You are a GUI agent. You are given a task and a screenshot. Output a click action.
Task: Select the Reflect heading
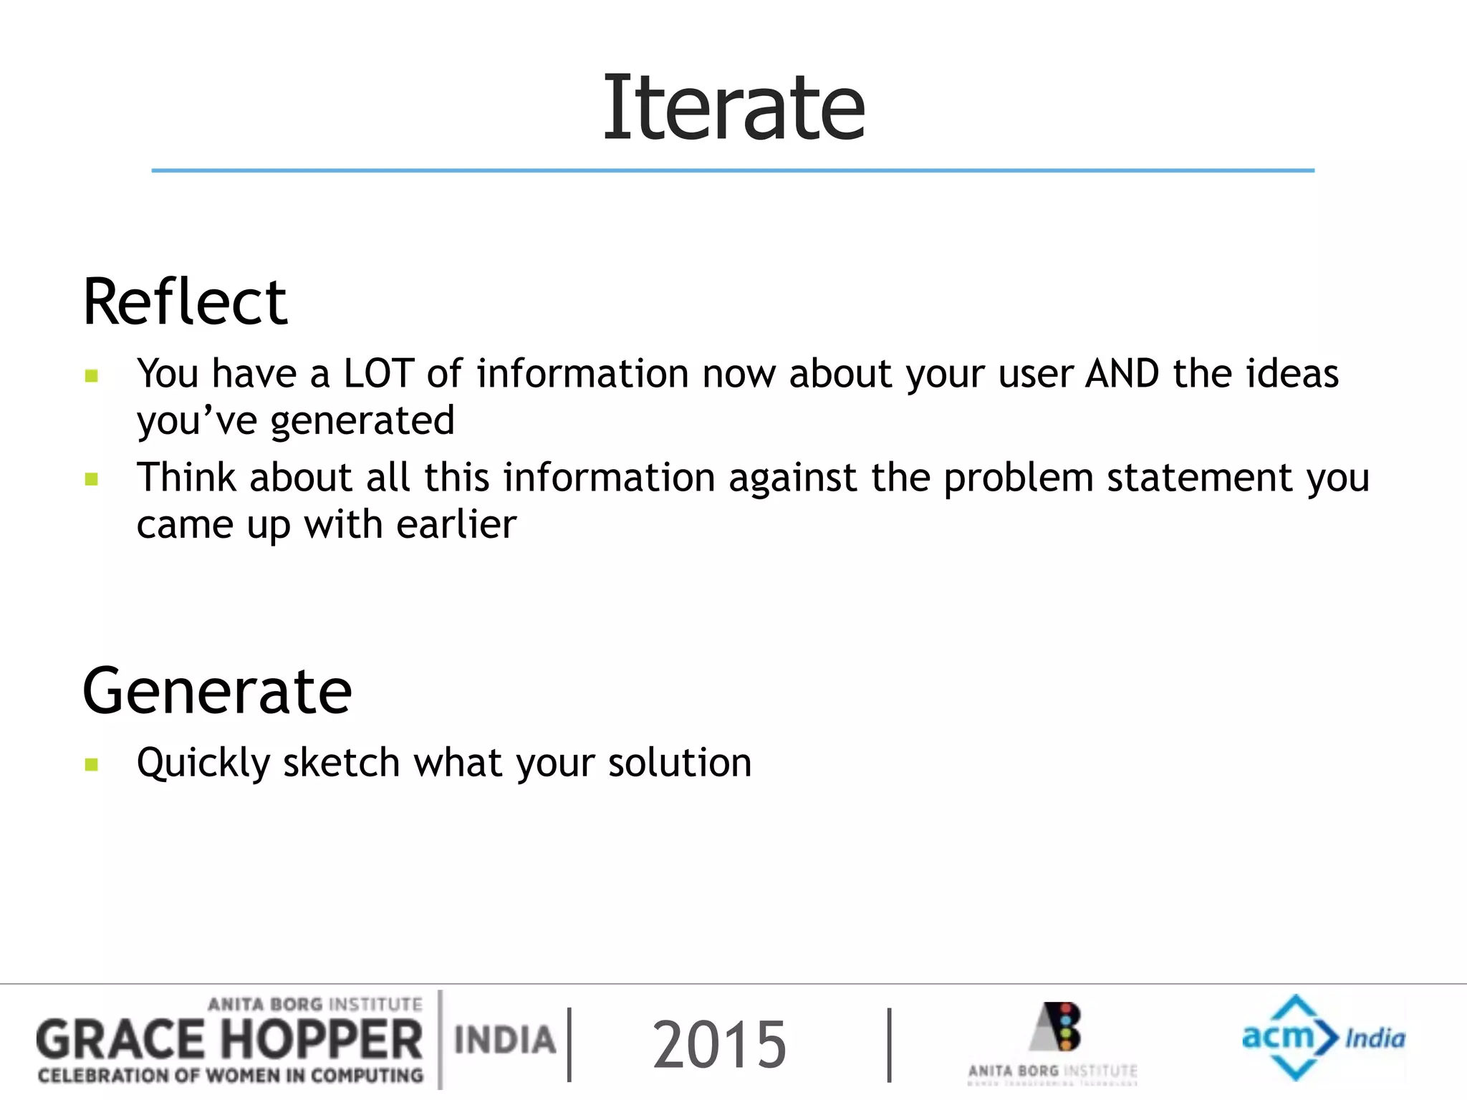(x=185, y=302)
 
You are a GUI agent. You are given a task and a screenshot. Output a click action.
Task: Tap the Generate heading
(x=217, y=691)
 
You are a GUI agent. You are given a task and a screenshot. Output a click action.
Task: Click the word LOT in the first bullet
(x=378, y=374)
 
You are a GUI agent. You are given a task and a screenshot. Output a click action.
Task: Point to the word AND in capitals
(x=1122, y=374)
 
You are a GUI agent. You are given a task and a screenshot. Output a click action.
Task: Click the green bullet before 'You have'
(x=91, y=375)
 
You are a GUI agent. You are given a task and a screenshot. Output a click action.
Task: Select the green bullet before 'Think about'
(x=91, y=479)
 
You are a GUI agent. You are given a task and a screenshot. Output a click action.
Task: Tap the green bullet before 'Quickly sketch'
(x=91, y=764)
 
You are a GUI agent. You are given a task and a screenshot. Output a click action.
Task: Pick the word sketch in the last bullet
(x=341, y=762)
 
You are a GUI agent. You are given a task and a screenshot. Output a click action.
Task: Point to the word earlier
(x=456, y=524)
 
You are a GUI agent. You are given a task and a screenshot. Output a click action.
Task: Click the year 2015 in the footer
(x=719, y=1045)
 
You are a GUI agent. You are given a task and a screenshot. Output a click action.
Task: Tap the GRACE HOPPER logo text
(x=229, y=1041)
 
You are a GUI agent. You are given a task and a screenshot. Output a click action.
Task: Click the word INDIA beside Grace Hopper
(x=505, y=1040)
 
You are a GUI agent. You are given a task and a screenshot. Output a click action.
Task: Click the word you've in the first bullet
(x=197, y=421)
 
